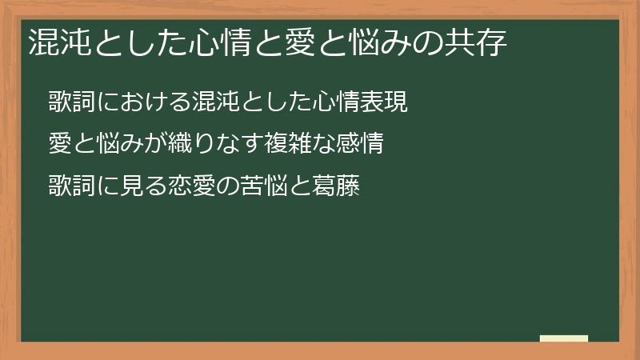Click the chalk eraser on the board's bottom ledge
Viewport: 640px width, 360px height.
click(x=564, y=338)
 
